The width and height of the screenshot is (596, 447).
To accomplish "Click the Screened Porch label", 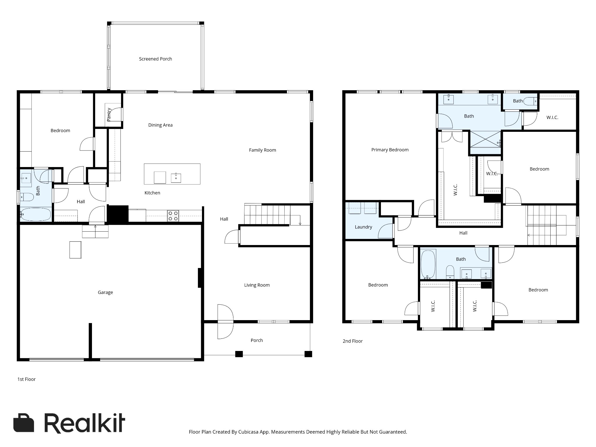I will (x=155, y=59).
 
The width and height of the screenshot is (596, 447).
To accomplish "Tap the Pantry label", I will (x=109, y=114).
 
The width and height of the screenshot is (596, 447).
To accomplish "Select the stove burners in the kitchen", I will (x=173, y=216).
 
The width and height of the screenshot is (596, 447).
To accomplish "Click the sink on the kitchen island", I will (x=176, y=178).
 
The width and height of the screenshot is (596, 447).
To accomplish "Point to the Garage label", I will (x=105, y=292).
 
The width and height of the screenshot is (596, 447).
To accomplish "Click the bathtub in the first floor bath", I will (x=36, y=214).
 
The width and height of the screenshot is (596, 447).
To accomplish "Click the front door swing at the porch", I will (x=226, y=322).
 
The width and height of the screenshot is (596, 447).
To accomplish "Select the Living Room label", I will (x=257, y=285).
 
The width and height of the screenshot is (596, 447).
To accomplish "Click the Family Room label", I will (x=262, y=150).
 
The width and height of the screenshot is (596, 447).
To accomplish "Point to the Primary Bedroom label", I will (x=390, y=150).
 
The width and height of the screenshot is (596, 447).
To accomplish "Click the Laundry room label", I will (x=363, y=227).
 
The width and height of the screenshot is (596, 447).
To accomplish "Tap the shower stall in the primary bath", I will (x=485, y=139).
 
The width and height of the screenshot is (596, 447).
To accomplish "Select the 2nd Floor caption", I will (x=352, y=341).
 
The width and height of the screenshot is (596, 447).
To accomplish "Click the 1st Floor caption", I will (x=26, y=379).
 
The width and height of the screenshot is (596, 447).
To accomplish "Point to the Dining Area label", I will (x=160, y=125).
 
